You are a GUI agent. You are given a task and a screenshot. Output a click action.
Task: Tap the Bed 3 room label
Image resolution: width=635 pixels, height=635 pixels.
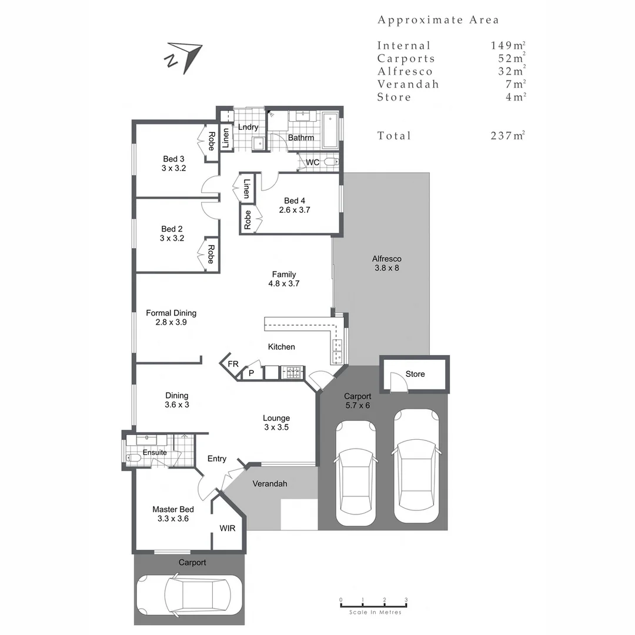[x=173, y=159]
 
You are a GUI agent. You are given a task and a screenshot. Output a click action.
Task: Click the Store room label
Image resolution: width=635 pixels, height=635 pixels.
[x=415, y=374]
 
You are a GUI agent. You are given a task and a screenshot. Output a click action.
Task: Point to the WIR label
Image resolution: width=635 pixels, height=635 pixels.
[x=228, y=529]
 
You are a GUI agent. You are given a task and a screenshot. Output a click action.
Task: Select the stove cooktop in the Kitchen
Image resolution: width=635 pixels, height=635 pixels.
[x=293, y=372]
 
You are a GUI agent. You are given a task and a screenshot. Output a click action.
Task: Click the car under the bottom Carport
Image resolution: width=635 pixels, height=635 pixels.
[x=189, y=594]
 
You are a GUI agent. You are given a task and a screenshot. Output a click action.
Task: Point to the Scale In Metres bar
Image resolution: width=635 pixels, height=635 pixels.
[x=374, y=605]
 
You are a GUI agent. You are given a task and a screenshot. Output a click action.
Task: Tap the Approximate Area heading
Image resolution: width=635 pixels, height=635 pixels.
[x=438, y=20]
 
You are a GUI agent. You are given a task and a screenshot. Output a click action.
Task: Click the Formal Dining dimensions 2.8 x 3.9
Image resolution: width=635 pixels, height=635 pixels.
[x=171, y=322]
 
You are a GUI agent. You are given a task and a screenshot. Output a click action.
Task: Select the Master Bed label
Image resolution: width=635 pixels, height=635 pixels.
[x=173, y=509]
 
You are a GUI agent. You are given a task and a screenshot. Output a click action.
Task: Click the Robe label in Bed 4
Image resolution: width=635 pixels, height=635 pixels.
[x=248, y=219]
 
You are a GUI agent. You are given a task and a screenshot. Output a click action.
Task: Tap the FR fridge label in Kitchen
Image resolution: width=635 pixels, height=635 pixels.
[x=233, y=364]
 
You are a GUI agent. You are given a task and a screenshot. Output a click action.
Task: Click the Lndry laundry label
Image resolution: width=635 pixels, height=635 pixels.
[x=248, y=127]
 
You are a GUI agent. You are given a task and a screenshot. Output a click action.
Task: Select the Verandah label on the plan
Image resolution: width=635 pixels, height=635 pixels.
[x=269, y=484]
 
